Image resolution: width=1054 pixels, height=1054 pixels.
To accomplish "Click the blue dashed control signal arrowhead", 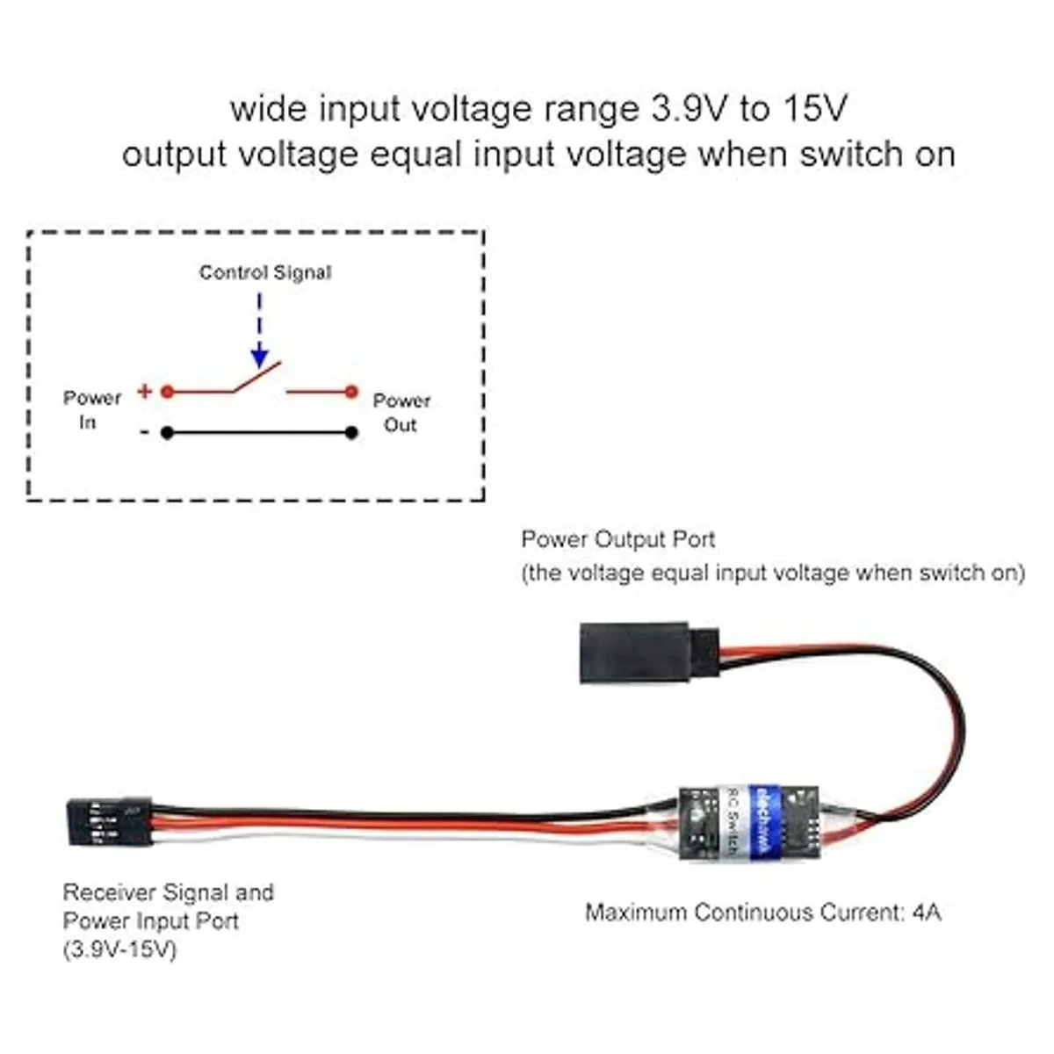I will (259, 357).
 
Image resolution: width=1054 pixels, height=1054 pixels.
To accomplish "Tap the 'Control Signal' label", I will (265, 272).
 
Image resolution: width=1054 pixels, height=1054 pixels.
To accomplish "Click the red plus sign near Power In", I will (144, 392).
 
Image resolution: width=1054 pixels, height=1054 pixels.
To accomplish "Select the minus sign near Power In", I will (144, 432).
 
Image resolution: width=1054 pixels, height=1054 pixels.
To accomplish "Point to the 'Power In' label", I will (91, 410).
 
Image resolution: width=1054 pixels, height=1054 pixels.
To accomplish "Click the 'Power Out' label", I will (401, 412).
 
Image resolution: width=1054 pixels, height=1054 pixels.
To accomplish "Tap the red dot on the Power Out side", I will (351, 392).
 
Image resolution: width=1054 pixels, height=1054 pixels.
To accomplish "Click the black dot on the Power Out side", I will (351, 432).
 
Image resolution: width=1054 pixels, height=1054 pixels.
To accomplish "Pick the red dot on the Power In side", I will (167, 392).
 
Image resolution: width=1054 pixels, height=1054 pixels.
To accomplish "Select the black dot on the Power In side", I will (167, 432).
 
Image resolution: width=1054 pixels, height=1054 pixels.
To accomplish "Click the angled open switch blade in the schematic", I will (256, 379).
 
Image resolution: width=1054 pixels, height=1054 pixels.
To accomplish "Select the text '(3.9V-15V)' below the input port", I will (120, 949).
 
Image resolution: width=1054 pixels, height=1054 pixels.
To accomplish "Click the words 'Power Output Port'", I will (618, 539).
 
